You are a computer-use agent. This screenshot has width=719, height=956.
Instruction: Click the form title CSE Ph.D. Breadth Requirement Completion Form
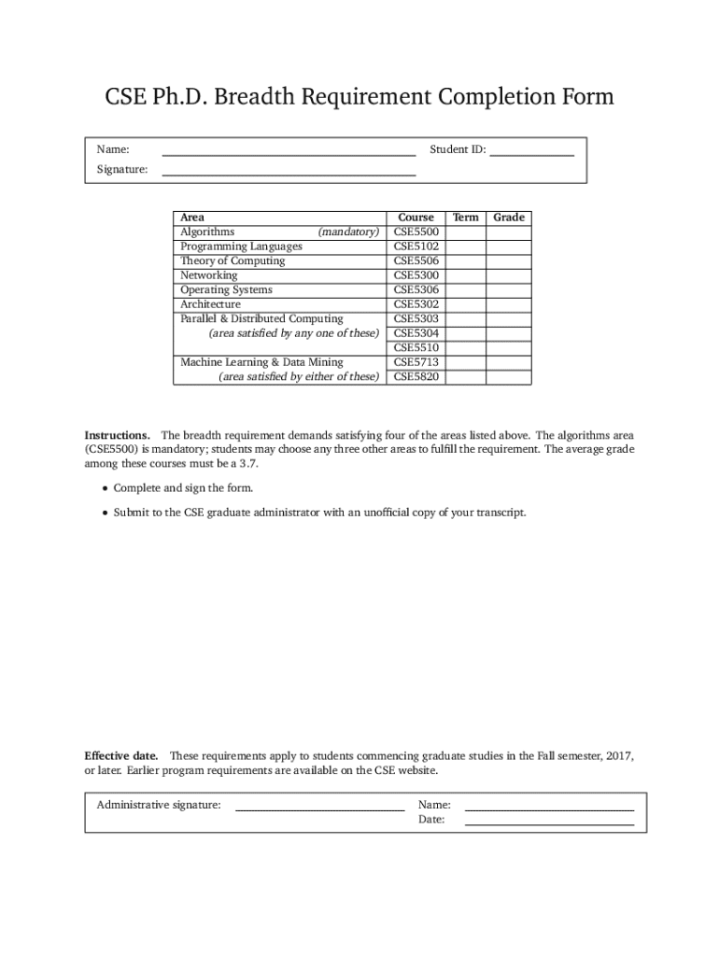pos(359,97)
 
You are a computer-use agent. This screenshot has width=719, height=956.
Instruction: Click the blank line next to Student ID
pos(532,153)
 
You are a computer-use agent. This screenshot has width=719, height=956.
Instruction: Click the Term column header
pos(465,218)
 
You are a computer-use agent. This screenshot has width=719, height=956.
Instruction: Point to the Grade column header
pos(509,218)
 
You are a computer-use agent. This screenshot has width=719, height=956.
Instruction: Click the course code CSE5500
pos(416,232)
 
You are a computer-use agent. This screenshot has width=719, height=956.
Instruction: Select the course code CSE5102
pos(416,246)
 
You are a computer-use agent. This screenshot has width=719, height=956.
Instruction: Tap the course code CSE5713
pos(416,362)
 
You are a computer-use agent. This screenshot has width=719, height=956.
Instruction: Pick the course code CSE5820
pos(416,377)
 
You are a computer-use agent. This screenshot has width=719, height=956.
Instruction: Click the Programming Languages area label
pos(241,246)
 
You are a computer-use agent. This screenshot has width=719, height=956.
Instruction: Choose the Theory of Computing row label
pos(233,260)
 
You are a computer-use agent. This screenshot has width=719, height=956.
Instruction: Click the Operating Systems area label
pos(226,290)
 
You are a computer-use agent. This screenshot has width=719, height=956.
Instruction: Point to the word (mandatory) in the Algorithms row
pos(348,232)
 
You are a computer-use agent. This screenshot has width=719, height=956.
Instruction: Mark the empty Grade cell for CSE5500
pos(509,232)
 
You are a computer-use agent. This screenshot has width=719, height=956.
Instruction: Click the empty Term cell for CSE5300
pos(465,275)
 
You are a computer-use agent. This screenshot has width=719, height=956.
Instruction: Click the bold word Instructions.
pos(117,436)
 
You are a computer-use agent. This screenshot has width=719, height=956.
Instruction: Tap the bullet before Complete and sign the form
pos(104,489)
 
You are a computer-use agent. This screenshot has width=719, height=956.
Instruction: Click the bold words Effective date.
pos(120,755)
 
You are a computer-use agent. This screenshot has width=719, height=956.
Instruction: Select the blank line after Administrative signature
pos(319,807)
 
